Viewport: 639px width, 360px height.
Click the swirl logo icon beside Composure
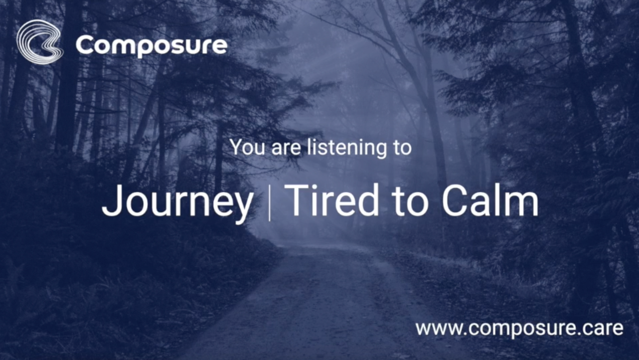tap(40, 42)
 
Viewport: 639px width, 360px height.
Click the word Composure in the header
tap(151, 46)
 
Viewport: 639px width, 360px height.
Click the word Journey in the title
tap(177, 201)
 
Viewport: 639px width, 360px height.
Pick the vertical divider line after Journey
tap(269, 202)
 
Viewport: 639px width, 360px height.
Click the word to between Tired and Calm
tap(411, 201)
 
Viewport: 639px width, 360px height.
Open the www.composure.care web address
tap(519, 328)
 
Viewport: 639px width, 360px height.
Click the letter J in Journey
tap(111, 200)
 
